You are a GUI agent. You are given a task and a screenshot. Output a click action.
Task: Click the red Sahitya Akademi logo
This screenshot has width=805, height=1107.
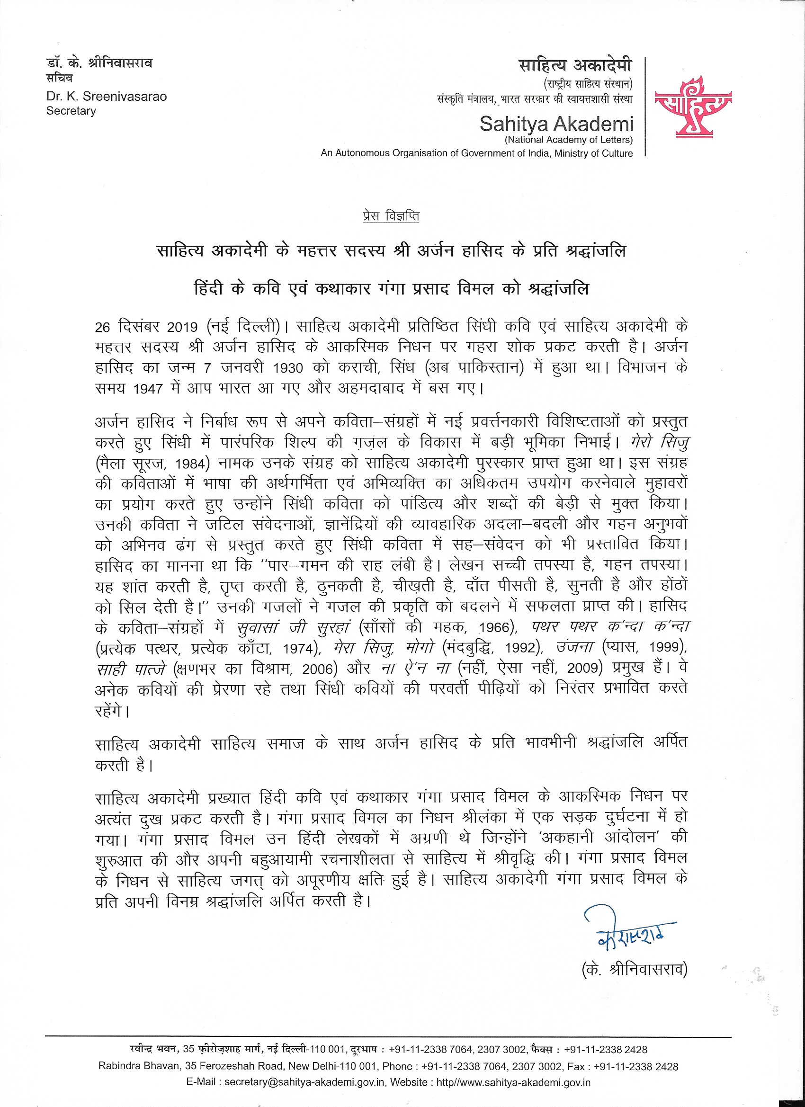pos(693,107)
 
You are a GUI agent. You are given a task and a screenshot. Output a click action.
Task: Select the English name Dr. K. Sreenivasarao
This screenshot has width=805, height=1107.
pos(107,96)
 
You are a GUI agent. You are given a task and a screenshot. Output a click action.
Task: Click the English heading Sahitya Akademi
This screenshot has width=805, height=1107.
pos(556,125)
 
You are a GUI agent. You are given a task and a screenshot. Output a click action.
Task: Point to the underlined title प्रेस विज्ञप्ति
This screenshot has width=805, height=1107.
pos(391,216)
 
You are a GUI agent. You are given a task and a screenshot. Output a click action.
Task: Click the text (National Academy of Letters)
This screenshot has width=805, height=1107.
pos(569,140)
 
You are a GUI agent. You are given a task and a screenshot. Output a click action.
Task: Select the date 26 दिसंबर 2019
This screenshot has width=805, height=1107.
pos(146,327)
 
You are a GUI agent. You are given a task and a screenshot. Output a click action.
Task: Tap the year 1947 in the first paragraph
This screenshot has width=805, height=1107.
pos(148,389)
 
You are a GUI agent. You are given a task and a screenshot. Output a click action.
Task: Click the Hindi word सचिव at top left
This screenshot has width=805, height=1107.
pos(60,78)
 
